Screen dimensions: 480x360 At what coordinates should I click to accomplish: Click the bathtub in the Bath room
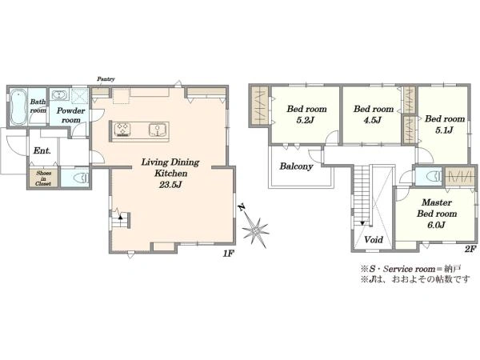coord(18,107)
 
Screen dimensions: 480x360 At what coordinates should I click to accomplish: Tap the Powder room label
coord(70,115)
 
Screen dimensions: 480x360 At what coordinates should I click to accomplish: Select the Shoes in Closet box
coord(43,178)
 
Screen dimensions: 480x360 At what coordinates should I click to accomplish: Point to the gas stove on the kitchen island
coord(123,130)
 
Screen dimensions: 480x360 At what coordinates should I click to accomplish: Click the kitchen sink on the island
coord(158,130)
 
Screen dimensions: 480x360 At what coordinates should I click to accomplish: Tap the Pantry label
coord(106,79)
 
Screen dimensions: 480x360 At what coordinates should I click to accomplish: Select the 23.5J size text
coord(170,185)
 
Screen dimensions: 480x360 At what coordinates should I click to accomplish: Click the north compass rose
coord(254,226)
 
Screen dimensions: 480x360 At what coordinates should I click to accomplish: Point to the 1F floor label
coord(228,254)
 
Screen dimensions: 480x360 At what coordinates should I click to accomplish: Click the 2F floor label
coord(470,249)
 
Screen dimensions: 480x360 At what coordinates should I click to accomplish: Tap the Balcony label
coord(296,166)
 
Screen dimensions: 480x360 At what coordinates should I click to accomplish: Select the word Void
coord(374,239)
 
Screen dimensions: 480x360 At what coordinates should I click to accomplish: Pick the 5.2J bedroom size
coord(306,120)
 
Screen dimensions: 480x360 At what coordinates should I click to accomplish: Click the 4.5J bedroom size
coord(372,120)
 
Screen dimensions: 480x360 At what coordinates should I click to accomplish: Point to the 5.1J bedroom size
coord(444,130)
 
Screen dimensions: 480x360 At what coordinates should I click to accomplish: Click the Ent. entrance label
coord(42,150)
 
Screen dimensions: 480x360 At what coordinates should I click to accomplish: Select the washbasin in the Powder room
coord(59,95)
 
